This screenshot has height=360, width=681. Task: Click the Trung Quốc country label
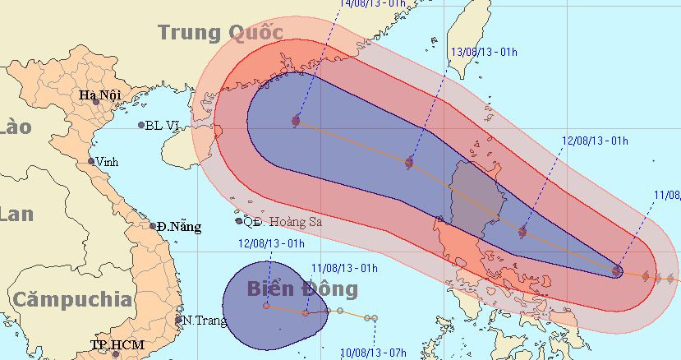click(220, 32)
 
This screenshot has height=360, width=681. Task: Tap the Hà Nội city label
click(100, 95)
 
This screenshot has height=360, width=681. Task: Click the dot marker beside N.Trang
click(179, 320)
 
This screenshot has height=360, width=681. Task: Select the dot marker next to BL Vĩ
click(141, 125)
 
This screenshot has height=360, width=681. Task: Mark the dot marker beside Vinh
click(91, 161)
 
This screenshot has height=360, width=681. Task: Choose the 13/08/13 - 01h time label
click(485, 52)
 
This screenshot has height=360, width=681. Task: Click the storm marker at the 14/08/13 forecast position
click(296, 121)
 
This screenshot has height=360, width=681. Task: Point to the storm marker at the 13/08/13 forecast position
click(409, 163)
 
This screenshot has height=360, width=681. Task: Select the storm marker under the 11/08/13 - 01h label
click(306, 312)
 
